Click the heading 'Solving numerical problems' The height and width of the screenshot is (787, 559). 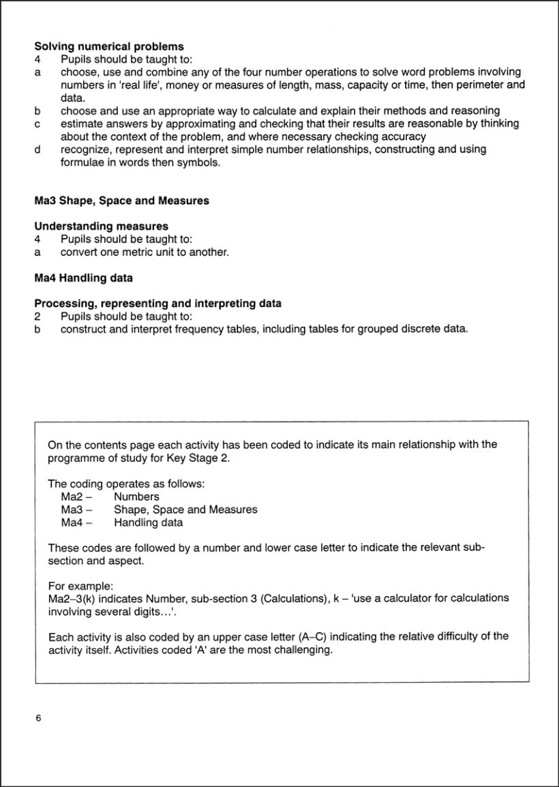(109, 46)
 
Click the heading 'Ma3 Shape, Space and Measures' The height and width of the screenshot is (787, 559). (121, 201)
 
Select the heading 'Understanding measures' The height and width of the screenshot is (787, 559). (101, 226)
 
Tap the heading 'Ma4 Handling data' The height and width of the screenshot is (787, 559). (83, 278)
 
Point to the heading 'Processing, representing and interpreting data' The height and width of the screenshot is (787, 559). (157, 303)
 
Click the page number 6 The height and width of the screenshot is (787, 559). (38, 718)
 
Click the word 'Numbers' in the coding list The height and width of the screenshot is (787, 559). (136, 497)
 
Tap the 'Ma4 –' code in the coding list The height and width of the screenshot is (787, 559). (76, 523)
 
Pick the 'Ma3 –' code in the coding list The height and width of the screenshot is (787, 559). (76, 510)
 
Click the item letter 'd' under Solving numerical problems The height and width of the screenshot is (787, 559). (37, 149)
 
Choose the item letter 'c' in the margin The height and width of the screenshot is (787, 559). (37, 123)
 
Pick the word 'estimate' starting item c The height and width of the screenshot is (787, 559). (81, 123)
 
